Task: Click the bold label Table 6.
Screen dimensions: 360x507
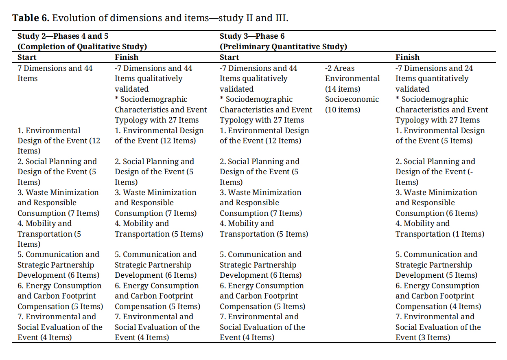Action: [x=31, y=18]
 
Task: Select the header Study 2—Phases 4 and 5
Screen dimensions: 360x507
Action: [x=63, y=36]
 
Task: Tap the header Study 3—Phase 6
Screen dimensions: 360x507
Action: [x=252, y=36]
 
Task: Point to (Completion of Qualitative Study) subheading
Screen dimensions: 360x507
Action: [x=82, y=46]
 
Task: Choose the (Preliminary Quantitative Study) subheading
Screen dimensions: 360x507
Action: [x=284, y=46]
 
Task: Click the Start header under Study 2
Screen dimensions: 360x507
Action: [x=27, y=57]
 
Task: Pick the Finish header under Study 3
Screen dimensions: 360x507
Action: [x=407, y=57]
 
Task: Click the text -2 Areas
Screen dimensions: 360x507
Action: [x=340, y=68]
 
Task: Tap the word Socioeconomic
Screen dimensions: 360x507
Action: [x=352, y=99]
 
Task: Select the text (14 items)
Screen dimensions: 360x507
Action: [x=343, y=89]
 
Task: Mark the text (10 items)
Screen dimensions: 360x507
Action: [x=343, y=110]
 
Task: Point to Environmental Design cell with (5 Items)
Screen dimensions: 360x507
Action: [x=440, y=136]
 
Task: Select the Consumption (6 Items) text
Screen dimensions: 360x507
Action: [x=437, y=213]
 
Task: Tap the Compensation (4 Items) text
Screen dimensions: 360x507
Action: [x=438, y=307]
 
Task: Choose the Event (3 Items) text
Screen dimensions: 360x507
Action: [x=423, y=338]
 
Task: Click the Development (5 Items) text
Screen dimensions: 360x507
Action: [x=437, y=275]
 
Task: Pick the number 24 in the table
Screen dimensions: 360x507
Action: [x=468, y=68]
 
